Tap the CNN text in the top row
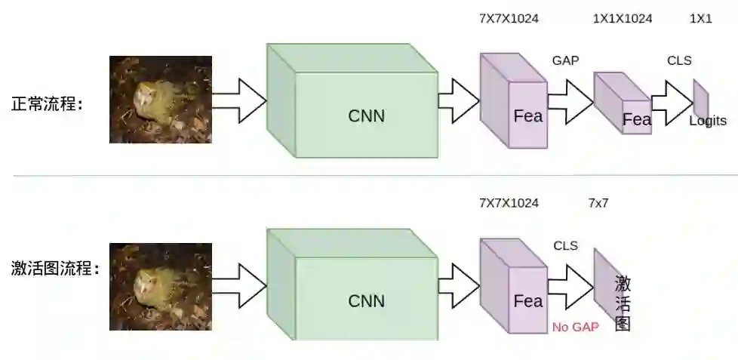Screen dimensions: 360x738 tap(366, 115)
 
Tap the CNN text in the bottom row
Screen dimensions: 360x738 tap(366, 300)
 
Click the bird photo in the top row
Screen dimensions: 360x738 tap(160, 100)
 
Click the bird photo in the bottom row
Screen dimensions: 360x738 tap(160, 286)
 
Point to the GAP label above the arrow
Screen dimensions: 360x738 tap(565, 60)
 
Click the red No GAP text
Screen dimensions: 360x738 tap(575, 327)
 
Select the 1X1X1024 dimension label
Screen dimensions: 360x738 tap(623, 19)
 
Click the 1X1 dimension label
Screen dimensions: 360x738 tap(700, 19)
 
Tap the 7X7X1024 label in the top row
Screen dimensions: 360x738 tap(509, 19)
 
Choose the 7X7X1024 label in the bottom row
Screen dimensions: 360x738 tap(509, 203)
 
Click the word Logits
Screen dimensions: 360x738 tap(707, 121)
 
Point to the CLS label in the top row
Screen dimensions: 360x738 tap(679, 60)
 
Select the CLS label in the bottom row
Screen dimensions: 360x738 tap(565, 245)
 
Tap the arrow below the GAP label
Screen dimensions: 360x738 tap(570, 101)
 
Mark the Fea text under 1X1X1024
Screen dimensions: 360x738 tap(636, 119)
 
